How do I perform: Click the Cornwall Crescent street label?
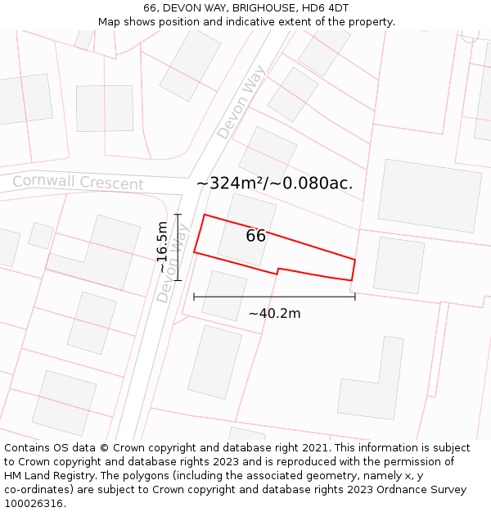[78, 182]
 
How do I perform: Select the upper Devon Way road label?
[241, 102]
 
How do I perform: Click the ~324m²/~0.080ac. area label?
[275, 184]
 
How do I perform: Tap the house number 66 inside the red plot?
[255, 236]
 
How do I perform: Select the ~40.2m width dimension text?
[274, 313]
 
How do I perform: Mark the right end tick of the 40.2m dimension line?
[355, 296]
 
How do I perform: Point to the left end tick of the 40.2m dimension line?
[194, 296]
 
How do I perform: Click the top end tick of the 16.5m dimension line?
[177, 214]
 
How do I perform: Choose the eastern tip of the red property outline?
[354, 261]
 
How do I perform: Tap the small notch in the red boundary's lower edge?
[278, 270]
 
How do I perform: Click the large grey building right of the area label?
[429, 195]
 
